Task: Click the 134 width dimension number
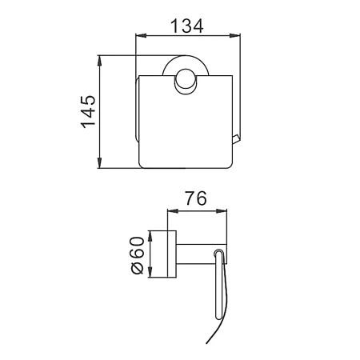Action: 186,26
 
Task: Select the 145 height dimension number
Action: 88,111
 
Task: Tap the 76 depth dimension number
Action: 196,198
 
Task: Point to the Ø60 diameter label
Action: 138,255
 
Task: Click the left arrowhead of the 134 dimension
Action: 141,35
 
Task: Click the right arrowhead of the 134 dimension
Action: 234,35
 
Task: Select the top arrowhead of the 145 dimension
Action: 100,61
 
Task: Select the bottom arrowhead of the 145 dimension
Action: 100,163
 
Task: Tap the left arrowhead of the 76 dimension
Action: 173,211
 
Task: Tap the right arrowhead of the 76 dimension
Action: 222,211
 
